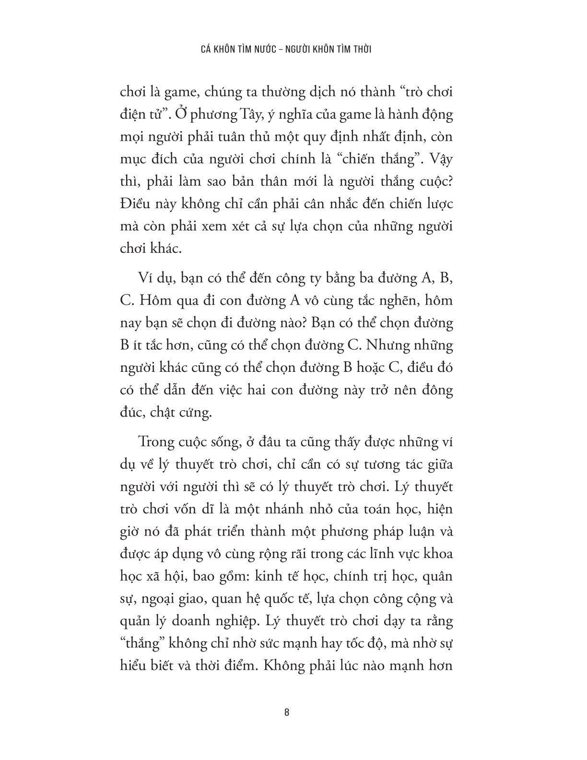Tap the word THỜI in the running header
point(361,49)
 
